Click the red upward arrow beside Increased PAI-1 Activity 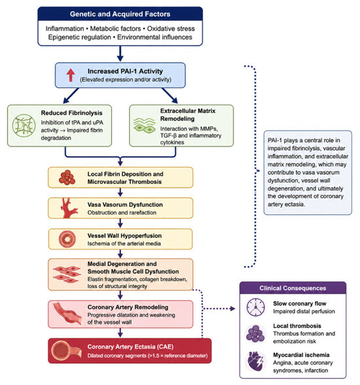coord(71,75)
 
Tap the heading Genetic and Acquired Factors coord(120,14)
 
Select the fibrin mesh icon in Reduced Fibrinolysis coord(24,126)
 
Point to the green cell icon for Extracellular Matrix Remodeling coord(144,126)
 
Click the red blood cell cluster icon coord(67,177)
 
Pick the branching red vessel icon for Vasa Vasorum coord(69,208)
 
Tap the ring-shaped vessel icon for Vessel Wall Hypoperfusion coord(67,239)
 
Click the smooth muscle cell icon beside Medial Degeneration coord(67,274)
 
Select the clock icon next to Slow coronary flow coord(256,307)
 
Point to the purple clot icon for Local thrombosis coord(255,333)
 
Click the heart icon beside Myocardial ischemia coord(255,361)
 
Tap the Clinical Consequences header coord(293,288)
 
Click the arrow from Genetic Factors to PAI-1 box coord(120,54)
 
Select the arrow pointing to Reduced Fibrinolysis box coord(71,96)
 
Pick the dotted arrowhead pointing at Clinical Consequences coord(232,308)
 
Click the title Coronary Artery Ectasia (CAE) coord(130,347)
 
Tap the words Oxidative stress coord(171,29)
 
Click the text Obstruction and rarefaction coord(122,213)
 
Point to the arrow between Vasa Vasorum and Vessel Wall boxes coord(120,223)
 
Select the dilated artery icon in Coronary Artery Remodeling coord(67,314)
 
